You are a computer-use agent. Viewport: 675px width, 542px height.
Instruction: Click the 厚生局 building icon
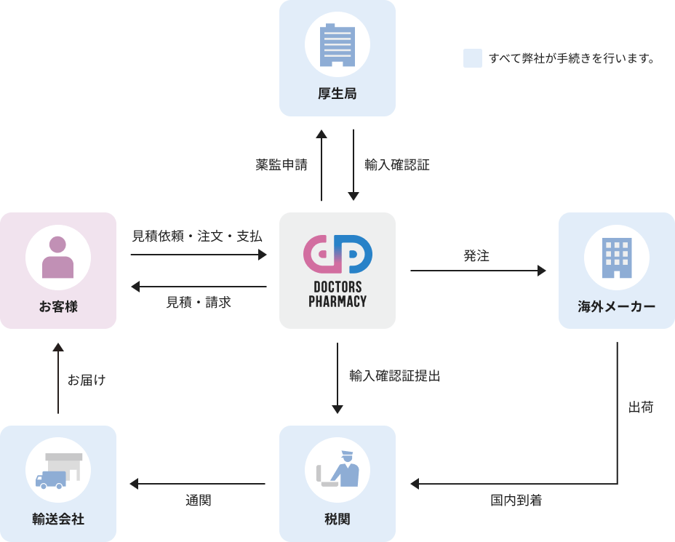(x=337, y=45)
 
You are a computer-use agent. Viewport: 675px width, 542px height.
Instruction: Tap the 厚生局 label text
(x=337, y=94)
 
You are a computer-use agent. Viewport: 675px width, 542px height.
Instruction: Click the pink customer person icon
(x=58, y=258)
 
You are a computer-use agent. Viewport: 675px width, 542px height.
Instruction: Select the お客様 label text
(x=58, y=307)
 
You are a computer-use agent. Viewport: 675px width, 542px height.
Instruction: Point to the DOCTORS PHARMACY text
(x=337, y=294)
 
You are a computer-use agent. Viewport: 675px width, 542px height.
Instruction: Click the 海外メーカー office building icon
(x=617, y=258)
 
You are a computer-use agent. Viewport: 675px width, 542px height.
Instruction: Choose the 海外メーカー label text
(x=617, y=307)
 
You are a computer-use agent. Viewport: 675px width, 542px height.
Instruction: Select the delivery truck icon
(x=58, y=471)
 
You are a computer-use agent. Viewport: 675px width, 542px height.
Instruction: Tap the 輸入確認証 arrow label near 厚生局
(x=396, y=165)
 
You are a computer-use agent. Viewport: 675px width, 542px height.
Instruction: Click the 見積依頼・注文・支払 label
(x=197, y=236)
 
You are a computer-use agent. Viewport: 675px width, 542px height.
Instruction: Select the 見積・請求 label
(x=198, y=303)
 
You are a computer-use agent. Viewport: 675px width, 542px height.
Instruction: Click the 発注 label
(x=476, y=256)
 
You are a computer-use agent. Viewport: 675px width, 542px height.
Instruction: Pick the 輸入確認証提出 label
(x=394, y=376)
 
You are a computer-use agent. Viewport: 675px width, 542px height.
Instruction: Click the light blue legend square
(x=473, y=58)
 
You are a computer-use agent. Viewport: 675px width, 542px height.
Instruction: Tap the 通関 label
(x=198, y=501)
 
